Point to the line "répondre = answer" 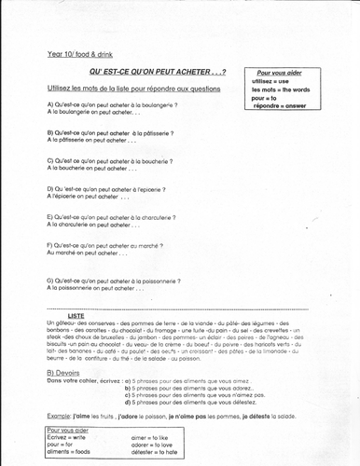(278, 103)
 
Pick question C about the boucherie (108, 161)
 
